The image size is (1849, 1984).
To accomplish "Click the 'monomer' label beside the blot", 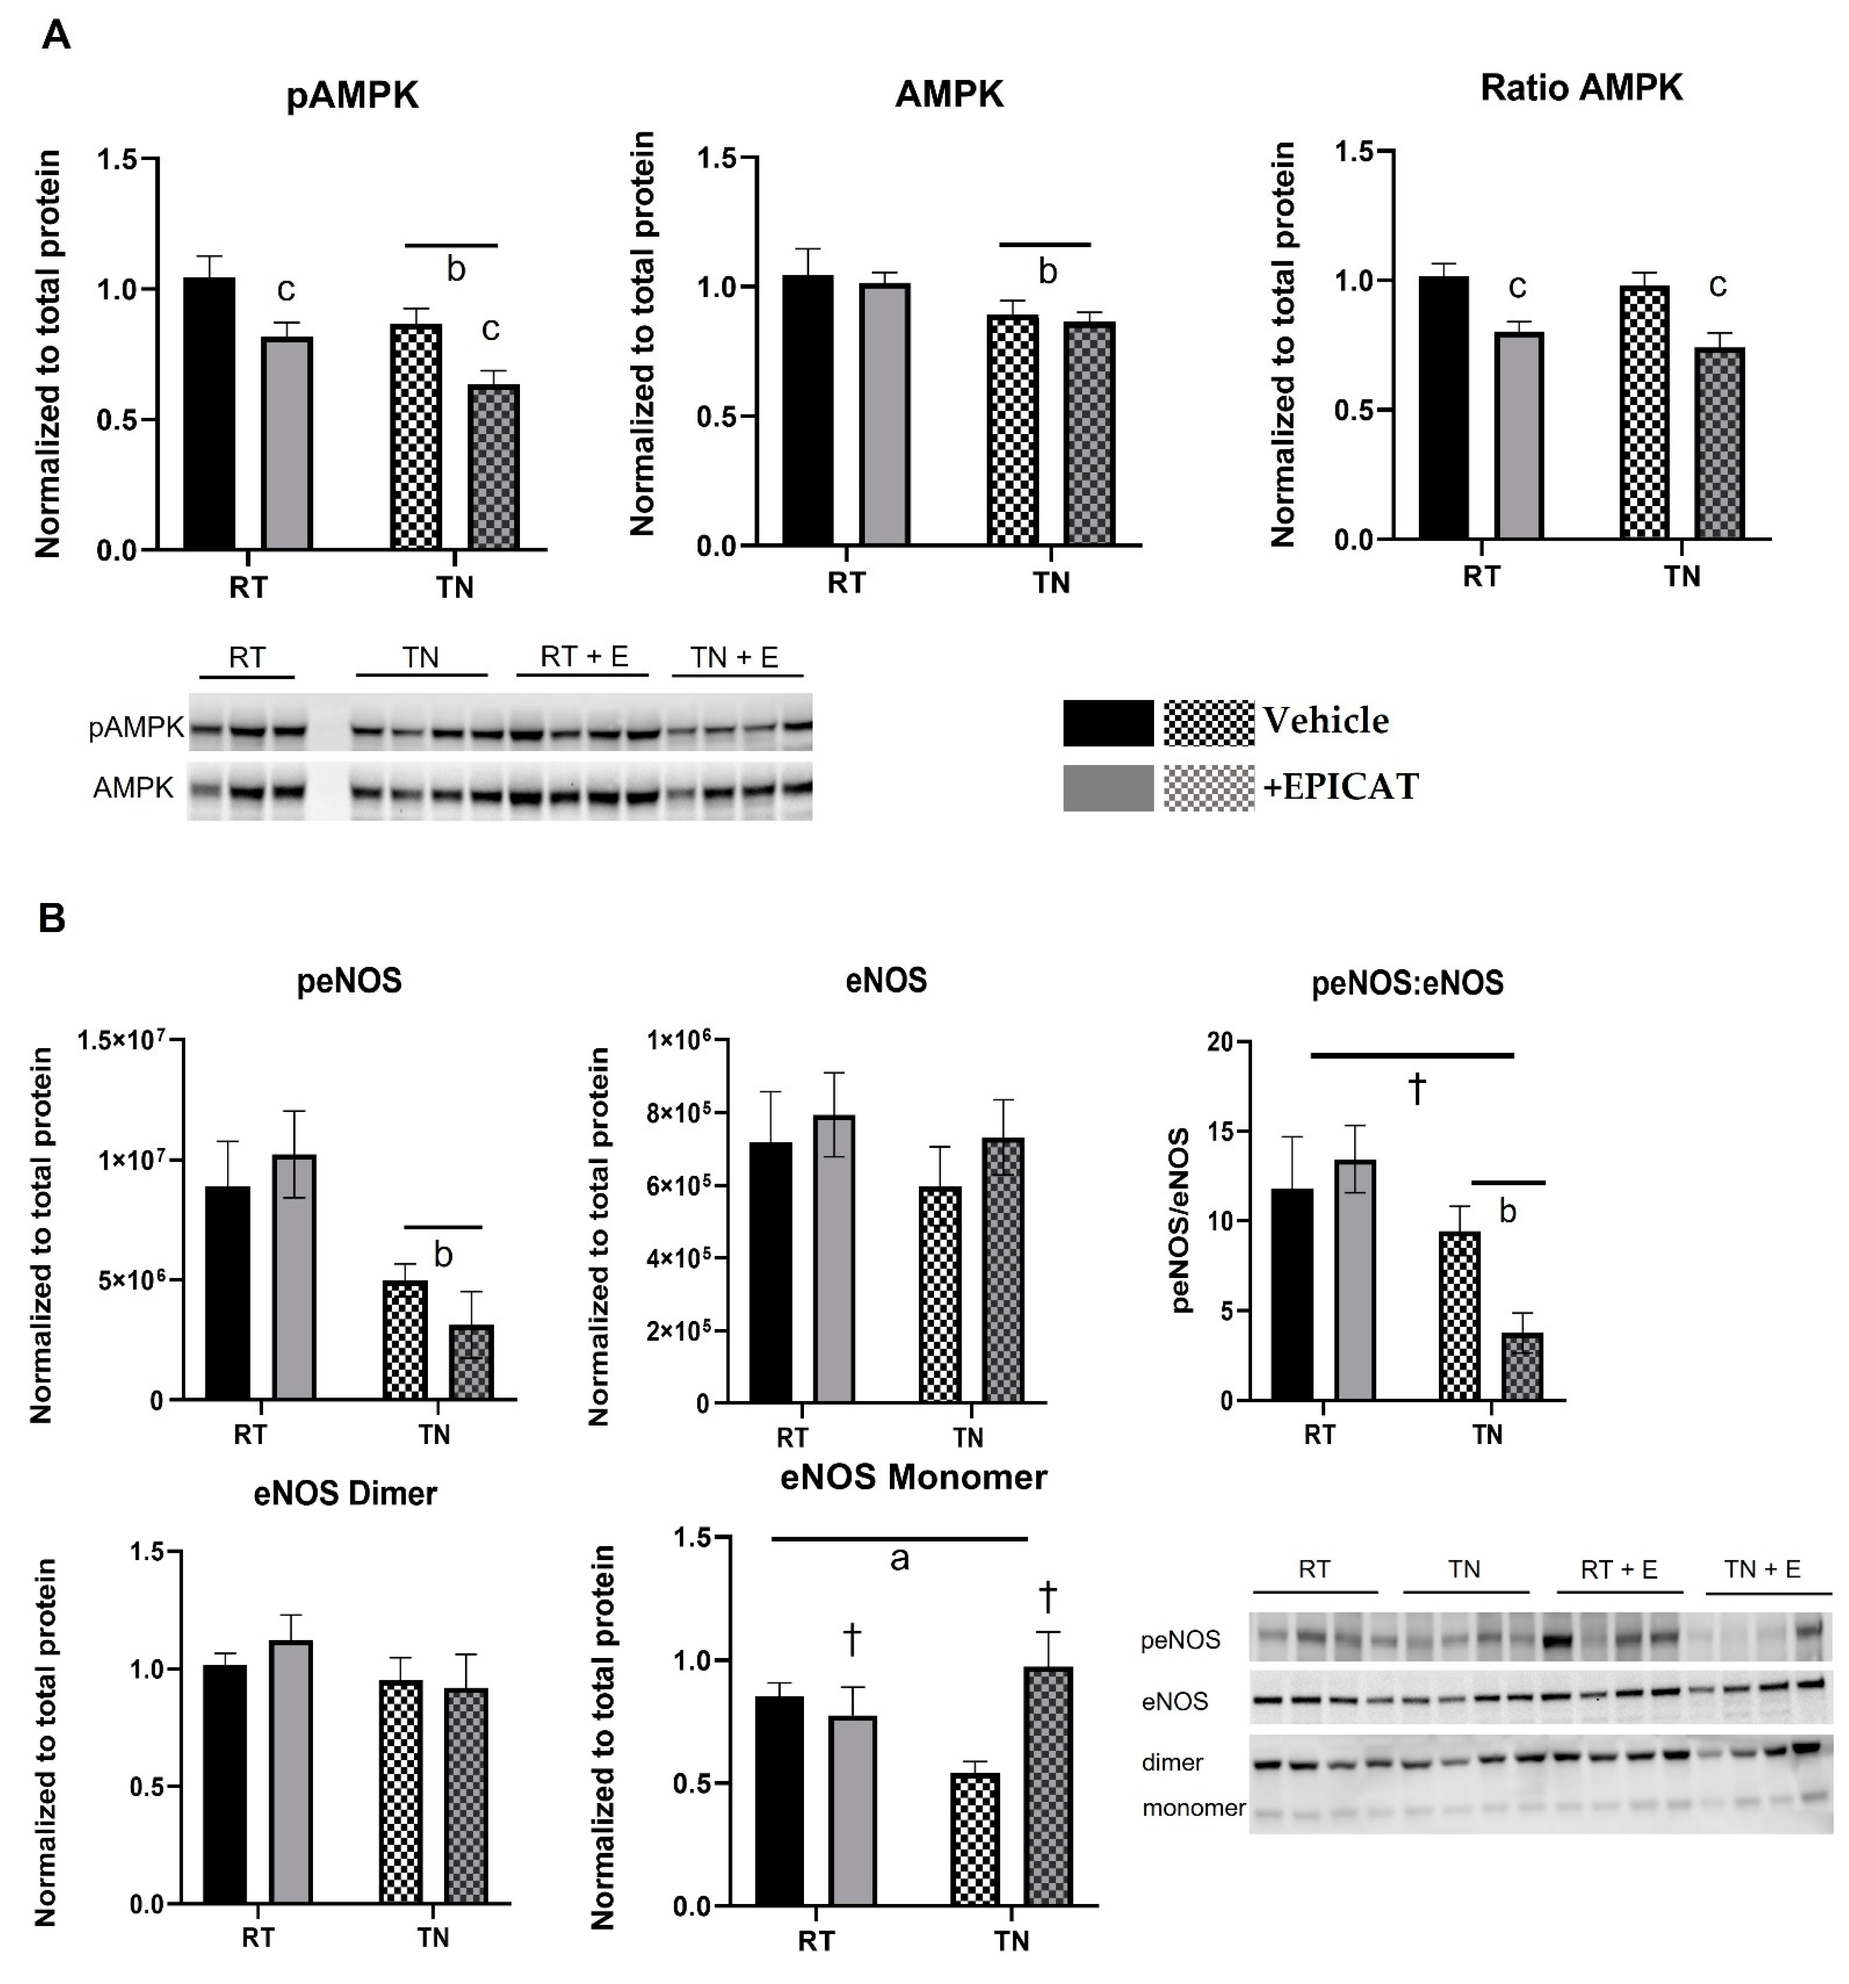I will (1193, 1807).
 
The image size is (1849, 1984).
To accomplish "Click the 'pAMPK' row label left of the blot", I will (136, 728).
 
